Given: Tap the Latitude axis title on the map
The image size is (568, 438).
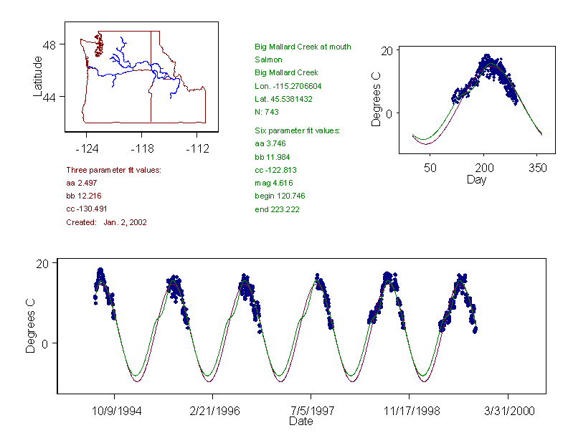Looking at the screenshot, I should [39, 77].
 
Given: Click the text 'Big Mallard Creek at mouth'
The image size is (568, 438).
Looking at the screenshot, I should [303, 47].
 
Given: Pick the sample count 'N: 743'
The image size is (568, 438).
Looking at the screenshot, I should [267, 112].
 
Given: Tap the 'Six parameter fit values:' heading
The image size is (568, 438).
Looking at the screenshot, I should [297, 130].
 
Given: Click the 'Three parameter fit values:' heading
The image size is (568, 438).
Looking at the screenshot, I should [113, 170].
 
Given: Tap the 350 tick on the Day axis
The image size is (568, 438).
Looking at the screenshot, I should [538, 168].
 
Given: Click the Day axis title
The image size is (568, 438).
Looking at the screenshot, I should [476, 179].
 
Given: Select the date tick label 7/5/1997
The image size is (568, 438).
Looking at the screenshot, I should [311, 412].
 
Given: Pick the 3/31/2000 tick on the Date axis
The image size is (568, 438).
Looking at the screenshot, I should [508, 412].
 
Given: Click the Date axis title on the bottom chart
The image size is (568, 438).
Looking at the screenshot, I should [300, 422].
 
